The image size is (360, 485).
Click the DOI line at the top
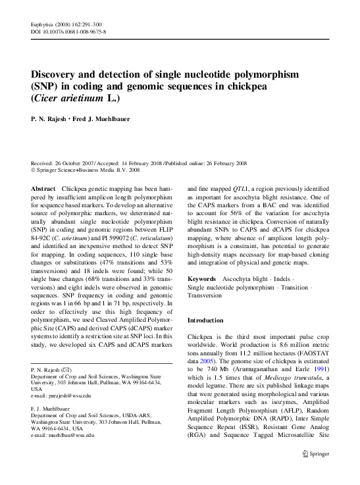pos(68,31)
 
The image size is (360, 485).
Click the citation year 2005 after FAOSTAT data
pos(208,361)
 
